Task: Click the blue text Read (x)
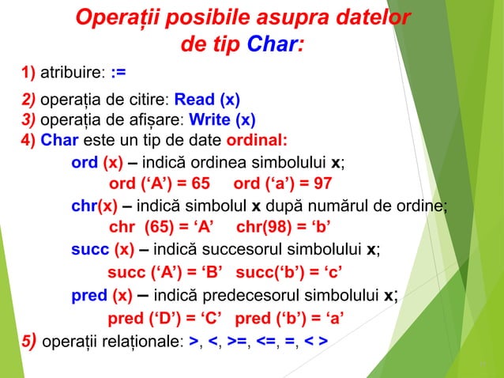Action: pos(207,100)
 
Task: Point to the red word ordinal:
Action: pos(257,142)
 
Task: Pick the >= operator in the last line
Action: pos(235,342)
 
